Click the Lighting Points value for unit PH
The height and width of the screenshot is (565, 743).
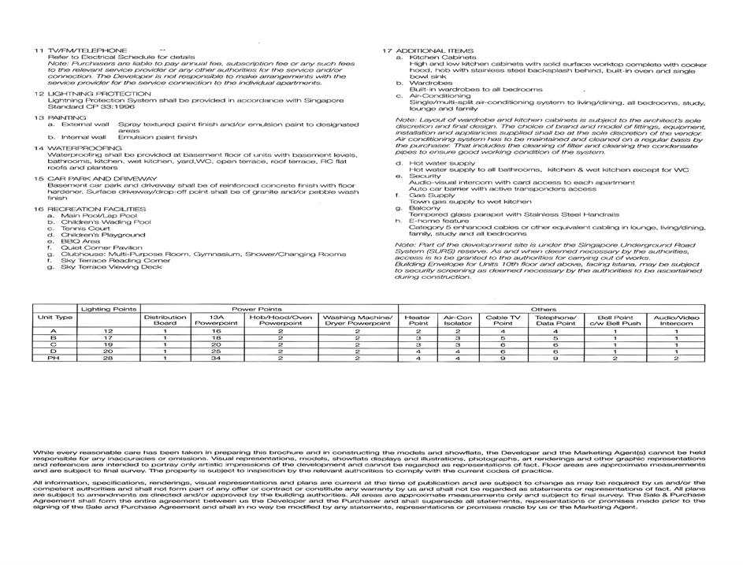(x=109, y=358)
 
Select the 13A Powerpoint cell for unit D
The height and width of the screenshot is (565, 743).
(x=216, y=351)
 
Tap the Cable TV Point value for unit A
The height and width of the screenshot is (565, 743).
(x=502, y=332)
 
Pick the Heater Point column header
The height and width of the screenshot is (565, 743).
(x=418, y=320)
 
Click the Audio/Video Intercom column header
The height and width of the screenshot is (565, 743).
(x=676, y=320)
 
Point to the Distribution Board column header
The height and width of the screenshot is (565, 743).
(x=165, y=320)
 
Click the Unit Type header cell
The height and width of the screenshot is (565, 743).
(x=54, y=317)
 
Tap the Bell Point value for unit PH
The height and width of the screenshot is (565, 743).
(x=615, y=358)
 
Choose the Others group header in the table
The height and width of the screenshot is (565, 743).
(x=544, y=309)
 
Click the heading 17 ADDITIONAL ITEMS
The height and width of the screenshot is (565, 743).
(x=429, y=50)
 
